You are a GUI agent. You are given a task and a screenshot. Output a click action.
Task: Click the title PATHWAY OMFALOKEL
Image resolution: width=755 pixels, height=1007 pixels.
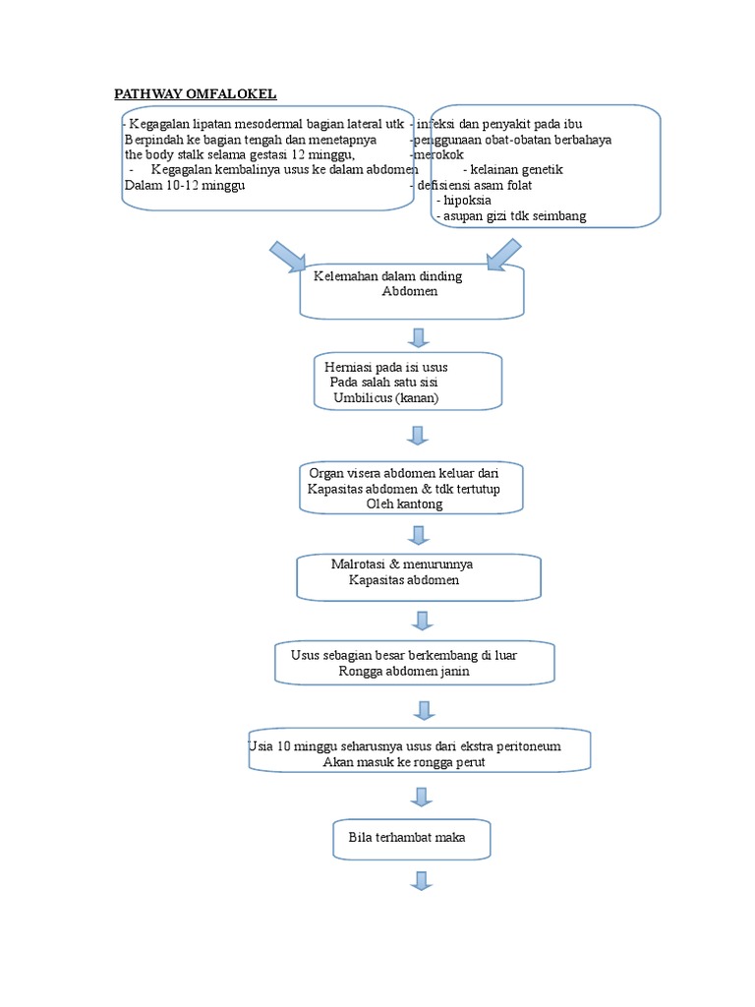[196, 93]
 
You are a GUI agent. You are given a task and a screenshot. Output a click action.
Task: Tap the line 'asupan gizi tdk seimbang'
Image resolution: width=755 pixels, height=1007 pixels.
[511, 215]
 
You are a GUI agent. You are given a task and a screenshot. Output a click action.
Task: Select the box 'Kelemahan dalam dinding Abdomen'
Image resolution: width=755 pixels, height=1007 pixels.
[412, 290]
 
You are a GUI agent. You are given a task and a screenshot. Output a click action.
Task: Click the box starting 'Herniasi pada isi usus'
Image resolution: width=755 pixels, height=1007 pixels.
[408, 382]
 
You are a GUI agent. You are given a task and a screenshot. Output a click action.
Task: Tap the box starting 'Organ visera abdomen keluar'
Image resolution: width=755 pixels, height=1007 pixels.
[411, 487]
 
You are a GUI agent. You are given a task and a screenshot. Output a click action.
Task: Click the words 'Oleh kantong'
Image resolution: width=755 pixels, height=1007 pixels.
[404, 503]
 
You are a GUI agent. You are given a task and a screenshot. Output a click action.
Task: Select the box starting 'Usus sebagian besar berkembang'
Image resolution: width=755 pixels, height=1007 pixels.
[415, 663]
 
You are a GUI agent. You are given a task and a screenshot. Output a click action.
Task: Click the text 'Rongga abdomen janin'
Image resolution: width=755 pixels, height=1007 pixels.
[403, 672]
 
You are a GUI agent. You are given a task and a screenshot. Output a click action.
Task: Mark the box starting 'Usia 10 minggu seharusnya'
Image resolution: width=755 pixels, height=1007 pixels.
[419, 754]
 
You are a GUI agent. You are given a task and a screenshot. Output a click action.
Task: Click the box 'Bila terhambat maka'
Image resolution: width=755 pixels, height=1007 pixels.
[411, 838]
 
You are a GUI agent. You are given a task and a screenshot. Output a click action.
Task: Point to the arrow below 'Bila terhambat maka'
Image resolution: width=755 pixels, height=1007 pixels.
[422, 880]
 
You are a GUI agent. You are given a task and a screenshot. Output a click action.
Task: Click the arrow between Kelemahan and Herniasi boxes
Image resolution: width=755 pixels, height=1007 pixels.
[419, 337]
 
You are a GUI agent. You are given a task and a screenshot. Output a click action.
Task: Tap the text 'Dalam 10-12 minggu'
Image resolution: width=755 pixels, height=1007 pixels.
[184, 185]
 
